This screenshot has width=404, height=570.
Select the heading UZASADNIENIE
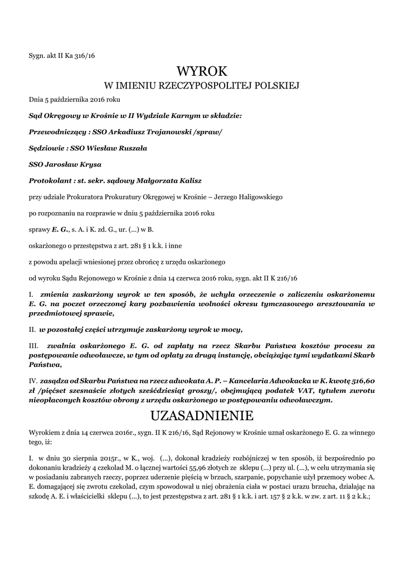pyautogui.click(x=202, y=416)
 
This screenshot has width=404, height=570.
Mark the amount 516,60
pyautogui.click(x=363, y=380)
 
